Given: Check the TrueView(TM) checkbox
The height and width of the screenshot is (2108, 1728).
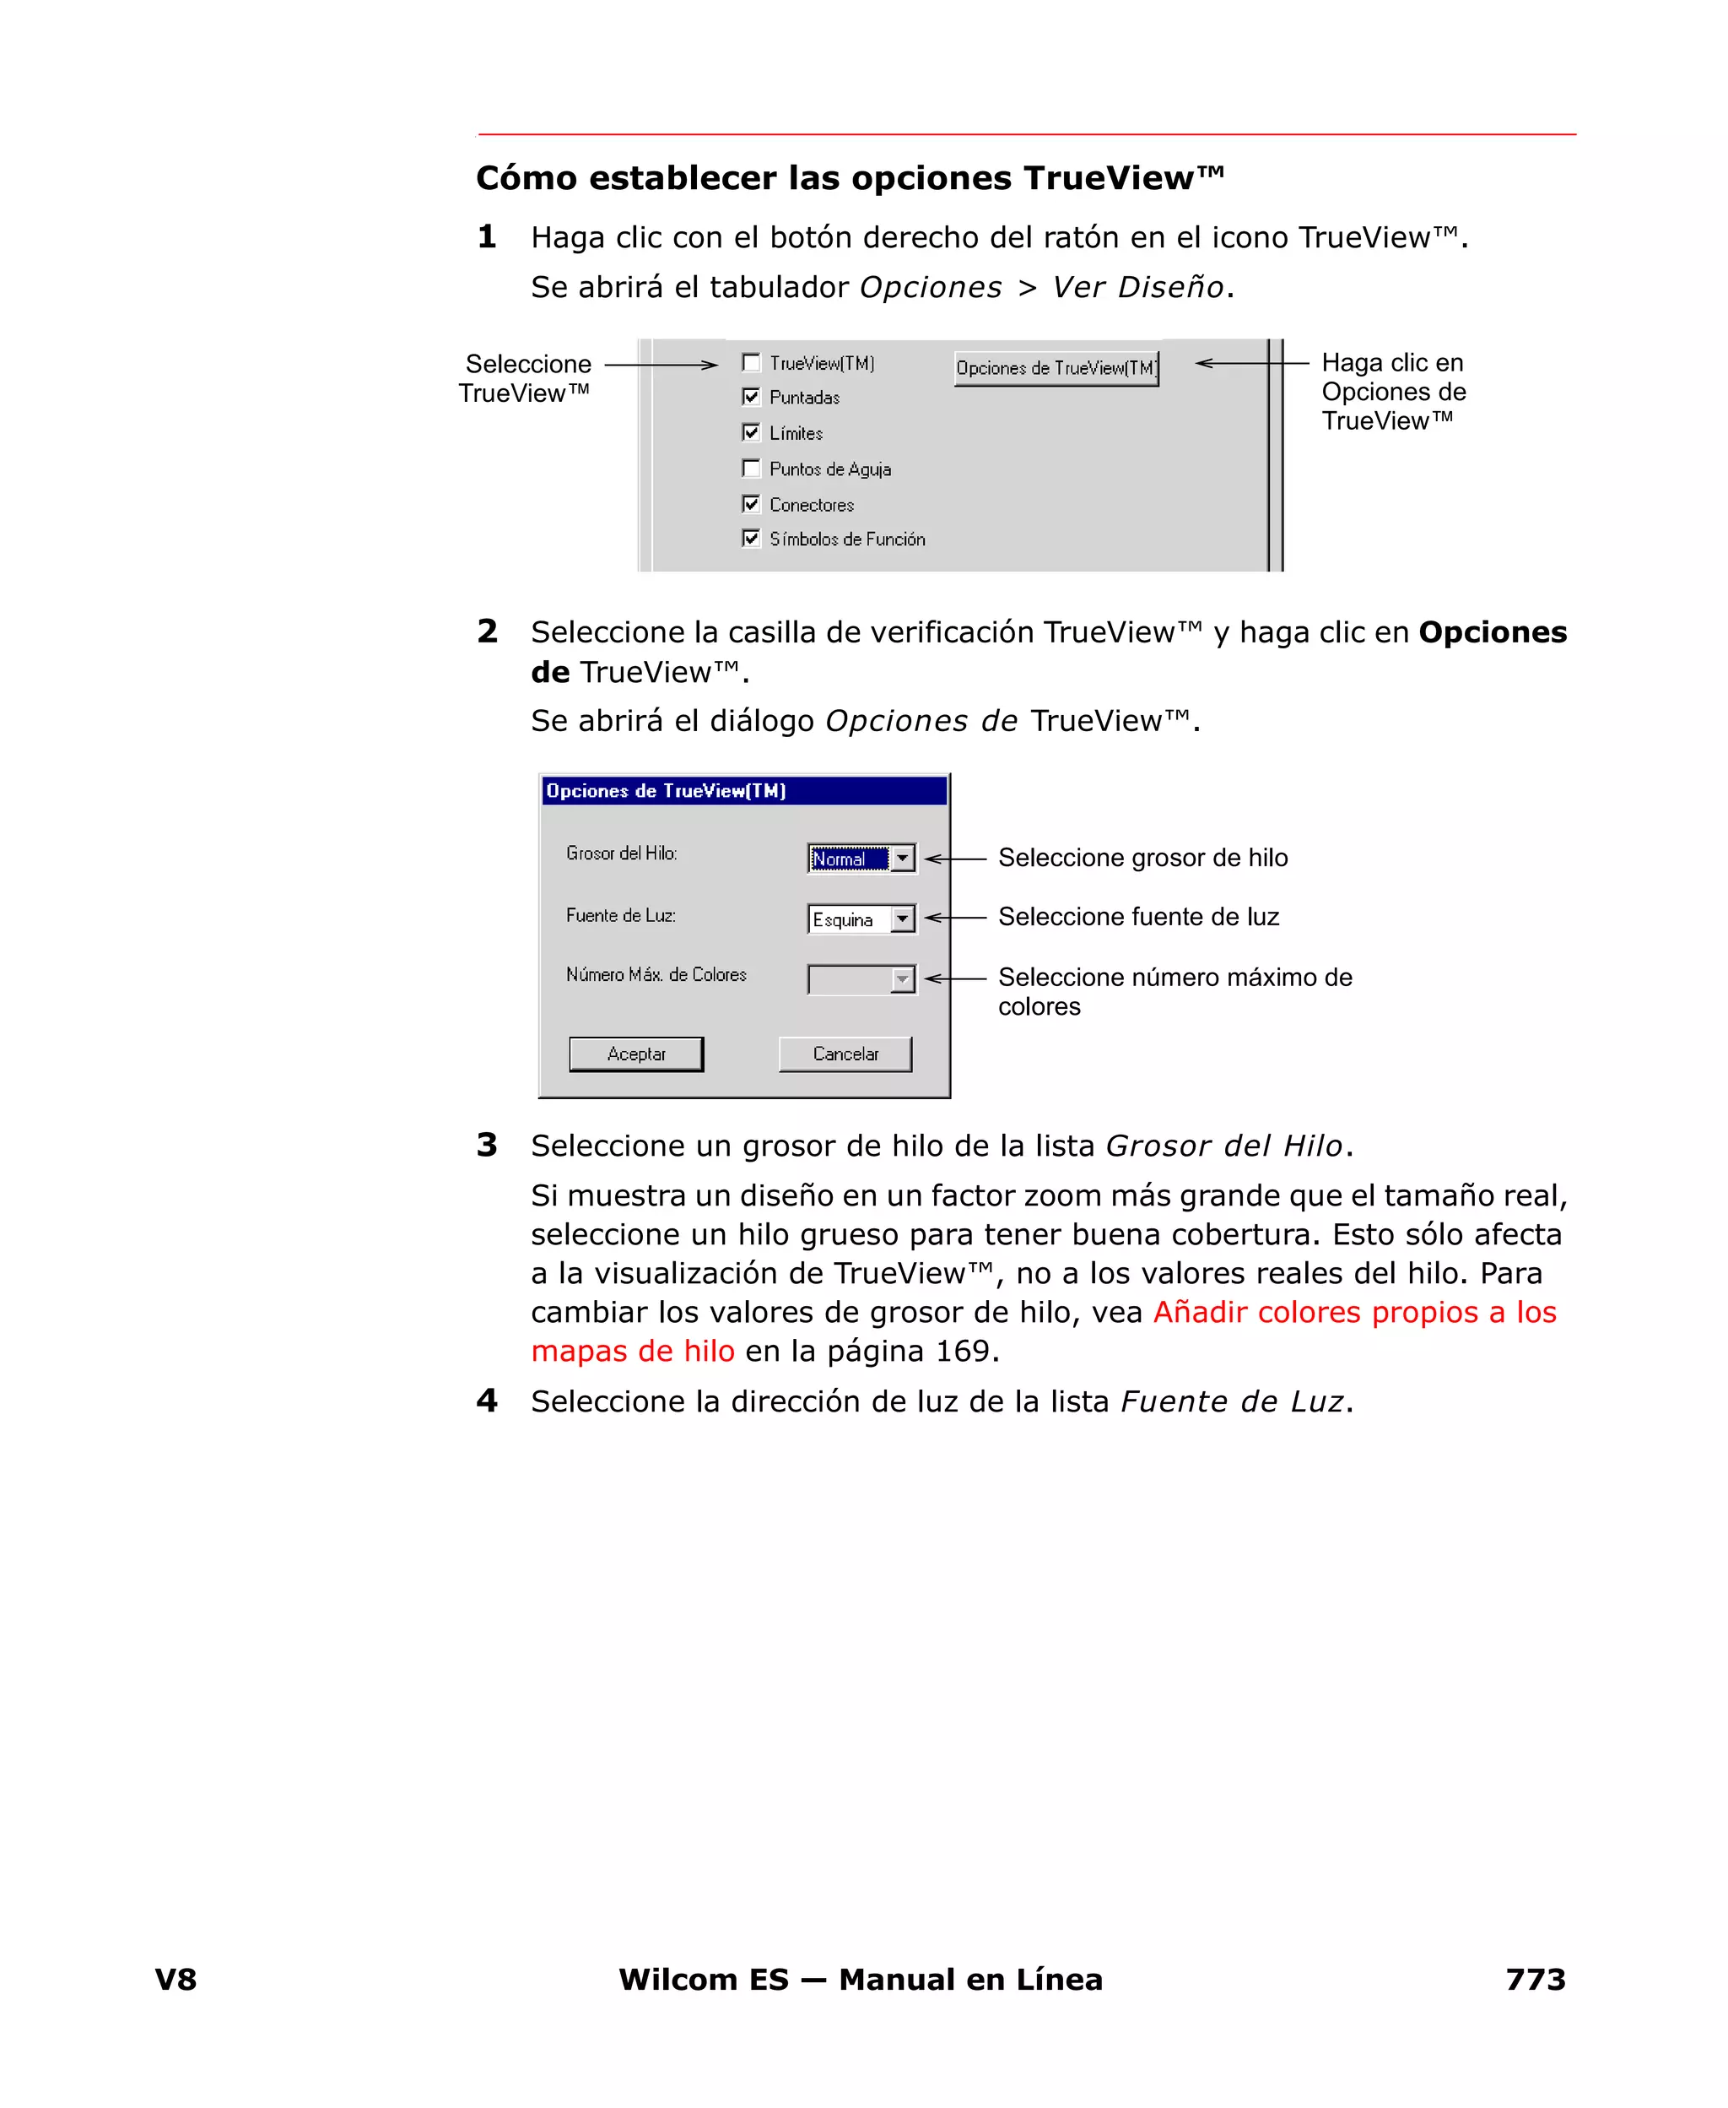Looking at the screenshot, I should pos(752,362).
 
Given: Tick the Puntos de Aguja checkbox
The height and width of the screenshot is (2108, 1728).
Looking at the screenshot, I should pos(752,468).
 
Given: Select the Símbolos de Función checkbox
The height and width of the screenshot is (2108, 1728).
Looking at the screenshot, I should pos(752,538).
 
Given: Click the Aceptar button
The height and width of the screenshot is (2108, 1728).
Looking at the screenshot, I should pos(636,1054).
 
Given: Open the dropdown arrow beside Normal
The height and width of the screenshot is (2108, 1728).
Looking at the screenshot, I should pos(902,858).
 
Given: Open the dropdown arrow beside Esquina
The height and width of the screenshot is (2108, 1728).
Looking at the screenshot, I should pos(902,918).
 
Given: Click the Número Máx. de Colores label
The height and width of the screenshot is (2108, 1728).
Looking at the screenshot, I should pos(656,975).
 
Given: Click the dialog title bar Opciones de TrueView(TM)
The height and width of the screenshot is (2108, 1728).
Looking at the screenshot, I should pos(743,791).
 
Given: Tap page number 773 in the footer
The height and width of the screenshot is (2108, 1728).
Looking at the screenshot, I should pos(1535,1980).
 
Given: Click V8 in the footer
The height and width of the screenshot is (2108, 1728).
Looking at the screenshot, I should pos(176,1980).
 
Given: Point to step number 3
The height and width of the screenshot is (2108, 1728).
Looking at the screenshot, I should pos(487,1145).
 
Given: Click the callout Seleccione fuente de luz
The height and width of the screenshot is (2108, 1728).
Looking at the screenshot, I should pos(1137,916).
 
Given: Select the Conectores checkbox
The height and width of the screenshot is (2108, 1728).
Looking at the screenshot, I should pos(752,504).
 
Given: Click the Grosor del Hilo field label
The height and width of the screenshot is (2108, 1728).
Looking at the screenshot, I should pos(621,853).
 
